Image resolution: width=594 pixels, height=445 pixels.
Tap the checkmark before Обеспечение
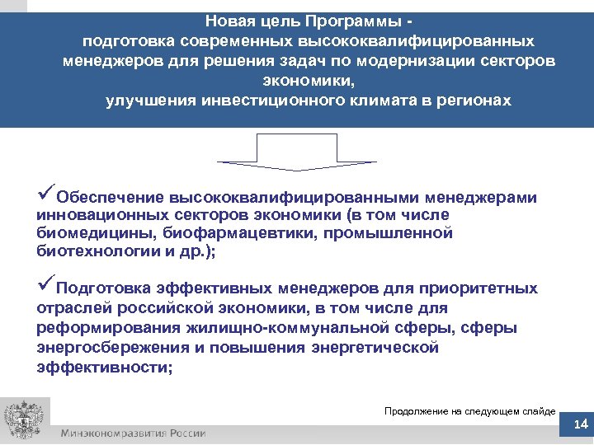click(x=45, y=194)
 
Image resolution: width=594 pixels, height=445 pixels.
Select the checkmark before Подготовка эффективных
click(x=45, y=287)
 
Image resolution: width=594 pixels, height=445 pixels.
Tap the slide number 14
click(x=579, y=424)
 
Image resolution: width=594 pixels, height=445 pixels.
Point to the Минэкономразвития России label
click(x=132, y=433)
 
